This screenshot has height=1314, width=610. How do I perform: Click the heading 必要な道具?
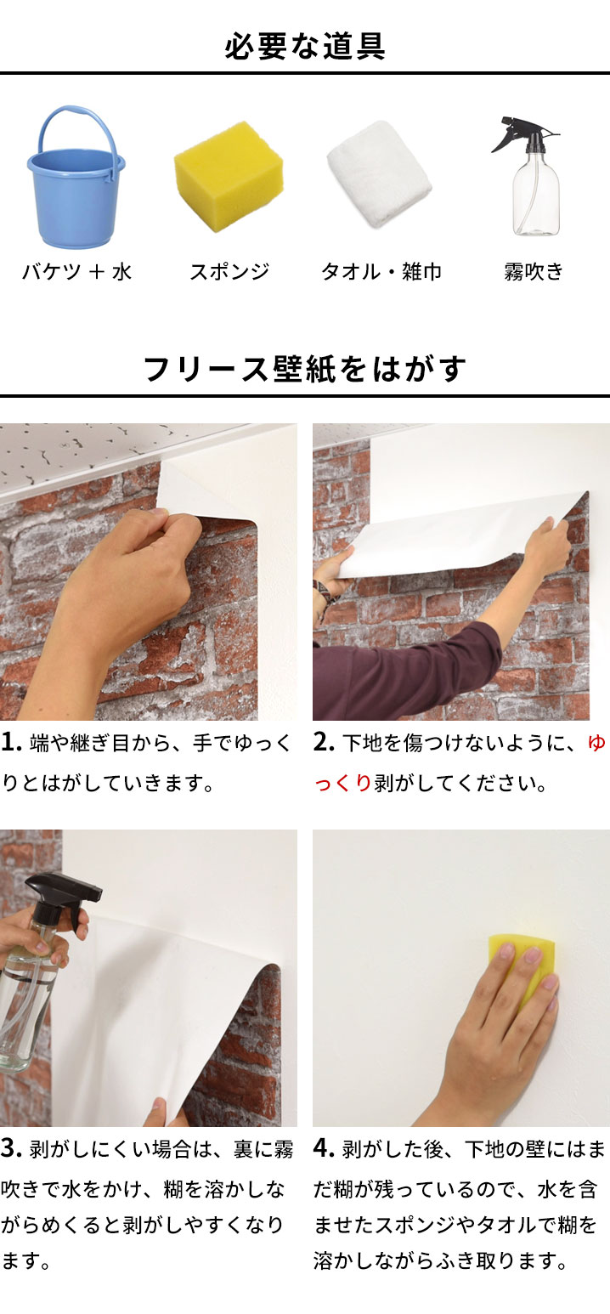point(305,46)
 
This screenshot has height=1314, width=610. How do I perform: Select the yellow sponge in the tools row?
point(227,176)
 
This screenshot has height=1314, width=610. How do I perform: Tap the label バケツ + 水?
point(76,272)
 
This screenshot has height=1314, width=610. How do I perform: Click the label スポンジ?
point(229,272)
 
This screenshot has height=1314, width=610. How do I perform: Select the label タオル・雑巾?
point(381,272)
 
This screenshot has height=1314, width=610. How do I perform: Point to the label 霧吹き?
point(534,272)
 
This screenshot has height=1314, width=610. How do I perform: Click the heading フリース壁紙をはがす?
point(305,370)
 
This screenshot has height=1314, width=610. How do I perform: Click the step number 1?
point(11,743)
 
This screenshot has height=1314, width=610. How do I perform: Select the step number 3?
point(11,1149)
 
